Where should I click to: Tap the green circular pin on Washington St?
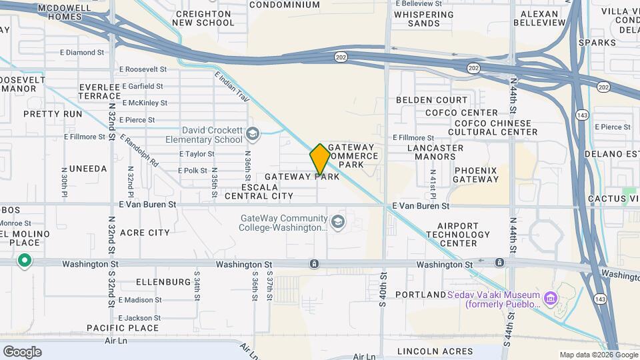(x=25, y=260)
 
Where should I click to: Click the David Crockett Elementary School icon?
(x=253, y=135)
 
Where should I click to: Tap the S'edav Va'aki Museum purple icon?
(x=550, y=295)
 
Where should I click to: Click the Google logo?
(x=22, y=352)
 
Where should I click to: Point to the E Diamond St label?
(x=82, y=52)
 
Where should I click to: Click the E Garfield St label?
(x=141, y=86)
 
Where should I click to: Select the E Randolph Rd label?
(x=139, y=151)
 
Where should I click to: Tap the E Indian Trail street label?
(x=232, y=87)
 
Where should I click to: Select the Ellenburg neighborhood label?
(x=163, y=282)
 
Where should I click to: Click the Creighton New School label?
(x=203, y=17)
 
